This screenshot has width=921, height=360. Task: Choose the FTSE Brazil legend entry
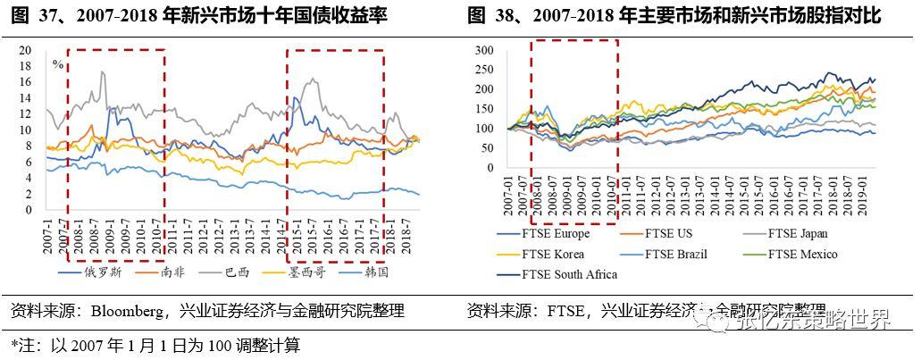(676, 255)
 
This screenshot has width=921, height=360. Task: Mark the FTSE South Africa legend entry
(567, 274)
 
